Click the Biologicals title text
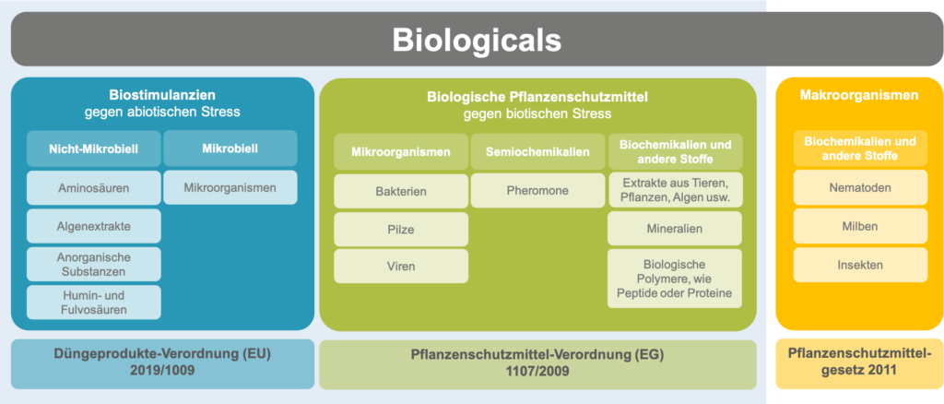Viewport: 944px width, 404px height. coord(477,41)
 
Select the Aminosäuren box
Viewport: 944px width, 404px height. coord(94,188)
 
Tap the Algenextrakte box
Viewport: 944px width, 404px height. coord(94,226)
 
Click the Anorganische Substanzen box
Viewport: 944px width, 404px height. coord(94,265)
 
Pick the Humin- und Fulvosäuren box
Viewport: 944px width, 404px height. coord(94,303)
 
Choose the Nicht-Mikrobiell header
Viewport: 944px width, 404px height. coord(94,149)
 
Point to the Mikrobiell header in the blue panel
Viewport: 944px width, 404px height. coord(230,149)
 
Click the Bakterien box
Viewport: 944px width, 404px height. coord(401,192)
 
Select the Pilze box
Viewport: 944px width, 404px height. coord(401,230)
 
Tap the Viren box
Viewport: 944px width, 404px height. coord(401,267)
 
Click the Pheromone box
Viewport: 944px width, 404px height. coord(537,191)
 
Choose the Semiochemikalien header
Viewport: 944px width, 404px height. coord(537,151)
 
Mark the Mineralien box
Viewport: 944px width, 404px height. coord(675,228)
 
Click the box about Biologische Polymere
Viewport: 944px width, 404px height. coord(675,279)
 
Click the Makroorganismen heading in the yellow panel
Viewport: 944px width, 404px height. coord(859,95)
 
